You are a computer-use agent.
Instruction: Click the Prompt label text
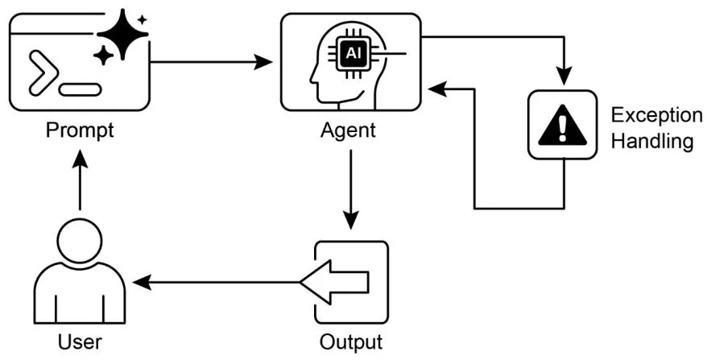click(x=79, y=130)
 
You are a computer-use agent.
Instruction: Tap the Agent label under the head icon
click(x=349, y=130)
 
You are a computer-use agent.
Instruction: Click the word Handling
click(x=651, y=142)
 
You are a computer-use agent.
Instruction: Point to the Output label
click(x=350, y=341)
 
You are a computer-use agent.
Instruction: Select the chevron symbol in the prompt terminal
click(x=42, y=71)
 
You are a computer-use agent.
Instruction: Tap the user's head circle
click(x=80, y=243)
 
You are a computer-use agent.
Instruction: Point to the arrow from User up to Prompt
click(x=80, y=181)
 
